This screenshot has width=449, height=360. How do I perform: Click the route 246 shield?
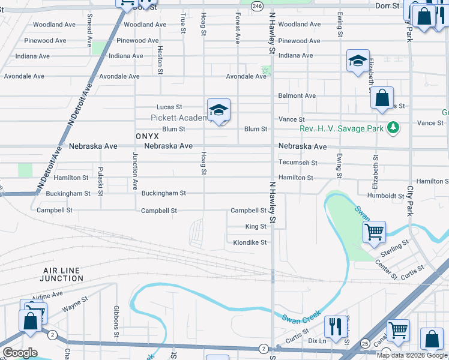257,5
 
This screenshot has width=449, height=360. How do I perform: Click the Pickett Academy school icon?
218,110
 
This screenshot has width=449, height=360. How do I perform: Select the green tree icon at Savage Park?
393,127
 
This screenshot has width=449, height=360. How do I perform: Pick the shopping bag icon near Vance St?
382,97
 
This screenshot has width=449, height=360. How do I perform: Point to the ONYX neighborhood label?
147,136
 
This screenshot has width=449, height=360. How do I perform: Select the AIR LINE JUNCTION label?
62,274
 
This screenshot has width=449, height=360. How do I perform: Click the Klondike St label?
249,242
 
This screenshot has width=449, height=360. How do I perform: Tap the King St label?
256,227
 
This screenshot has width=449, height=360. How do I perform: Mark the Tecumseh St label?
298,163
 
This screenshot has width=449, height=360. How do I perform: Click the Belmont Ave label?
297,95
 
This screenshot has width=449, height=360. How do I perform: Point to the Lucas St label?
169,107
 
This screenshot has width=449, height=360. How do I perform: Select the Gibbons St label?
116,321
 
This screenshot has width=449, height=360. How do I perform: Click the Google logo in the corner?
20,352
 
